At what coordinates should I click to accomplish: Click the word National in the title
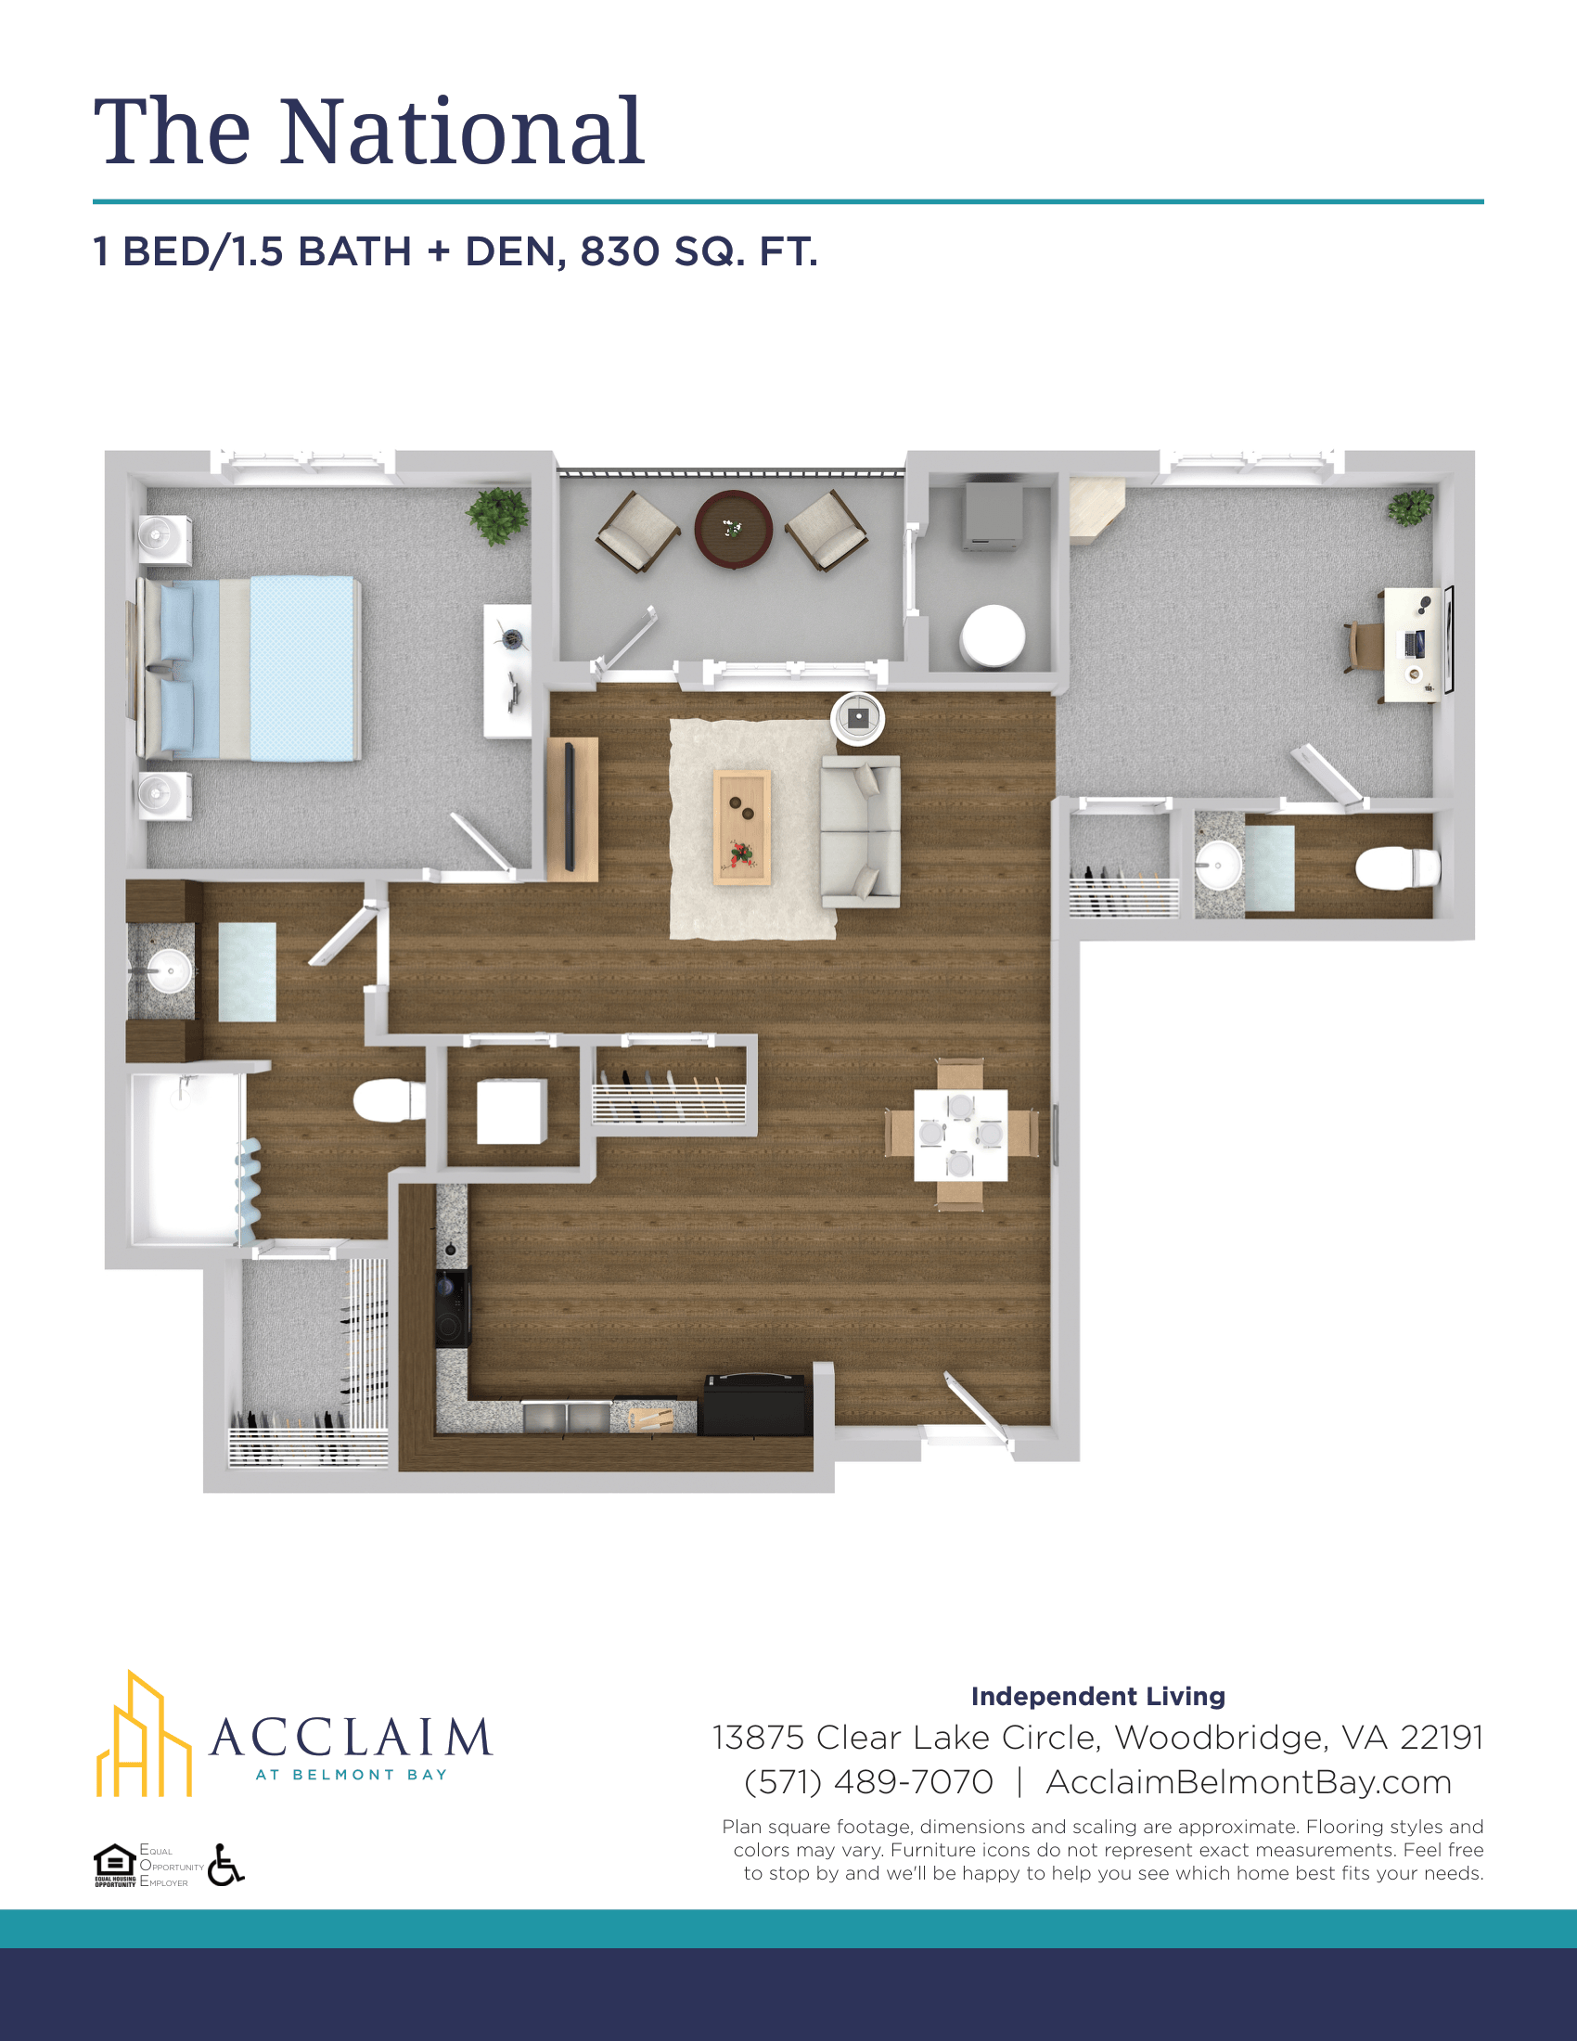pos(463,132)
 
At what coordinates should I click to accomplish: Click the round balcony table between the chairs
pos(734,529)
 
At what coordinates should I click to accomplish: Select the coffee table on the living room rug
pos(743,827)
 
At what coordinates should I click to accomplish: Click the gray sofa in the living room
pos(861,832)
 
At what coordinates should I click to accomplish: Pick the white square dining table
pos(960,1135)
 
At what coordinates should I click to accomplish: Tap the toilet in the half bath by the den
pos(1398,868)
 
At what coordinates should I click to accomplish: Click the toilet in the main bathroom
pos(389,1100)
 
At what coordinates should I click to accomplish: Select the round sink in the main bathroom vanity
pos(169,971)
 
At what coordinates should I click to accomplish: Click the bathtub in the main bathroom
pos(187,1159)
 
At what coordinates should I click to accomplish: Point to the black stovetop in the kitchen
pos(453,1306)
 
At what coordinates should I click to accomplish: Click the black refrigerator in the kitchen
pos(754,1405)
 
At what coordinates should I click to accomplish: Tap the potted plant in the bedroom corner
pos(498,516)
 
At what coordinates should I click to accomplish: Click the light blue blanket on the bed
pos(304,668)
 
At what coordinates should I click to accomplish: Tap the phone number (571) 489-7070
pos(868,1782)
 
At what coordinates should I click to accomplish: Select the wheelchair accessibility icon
pos(225,1865)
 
